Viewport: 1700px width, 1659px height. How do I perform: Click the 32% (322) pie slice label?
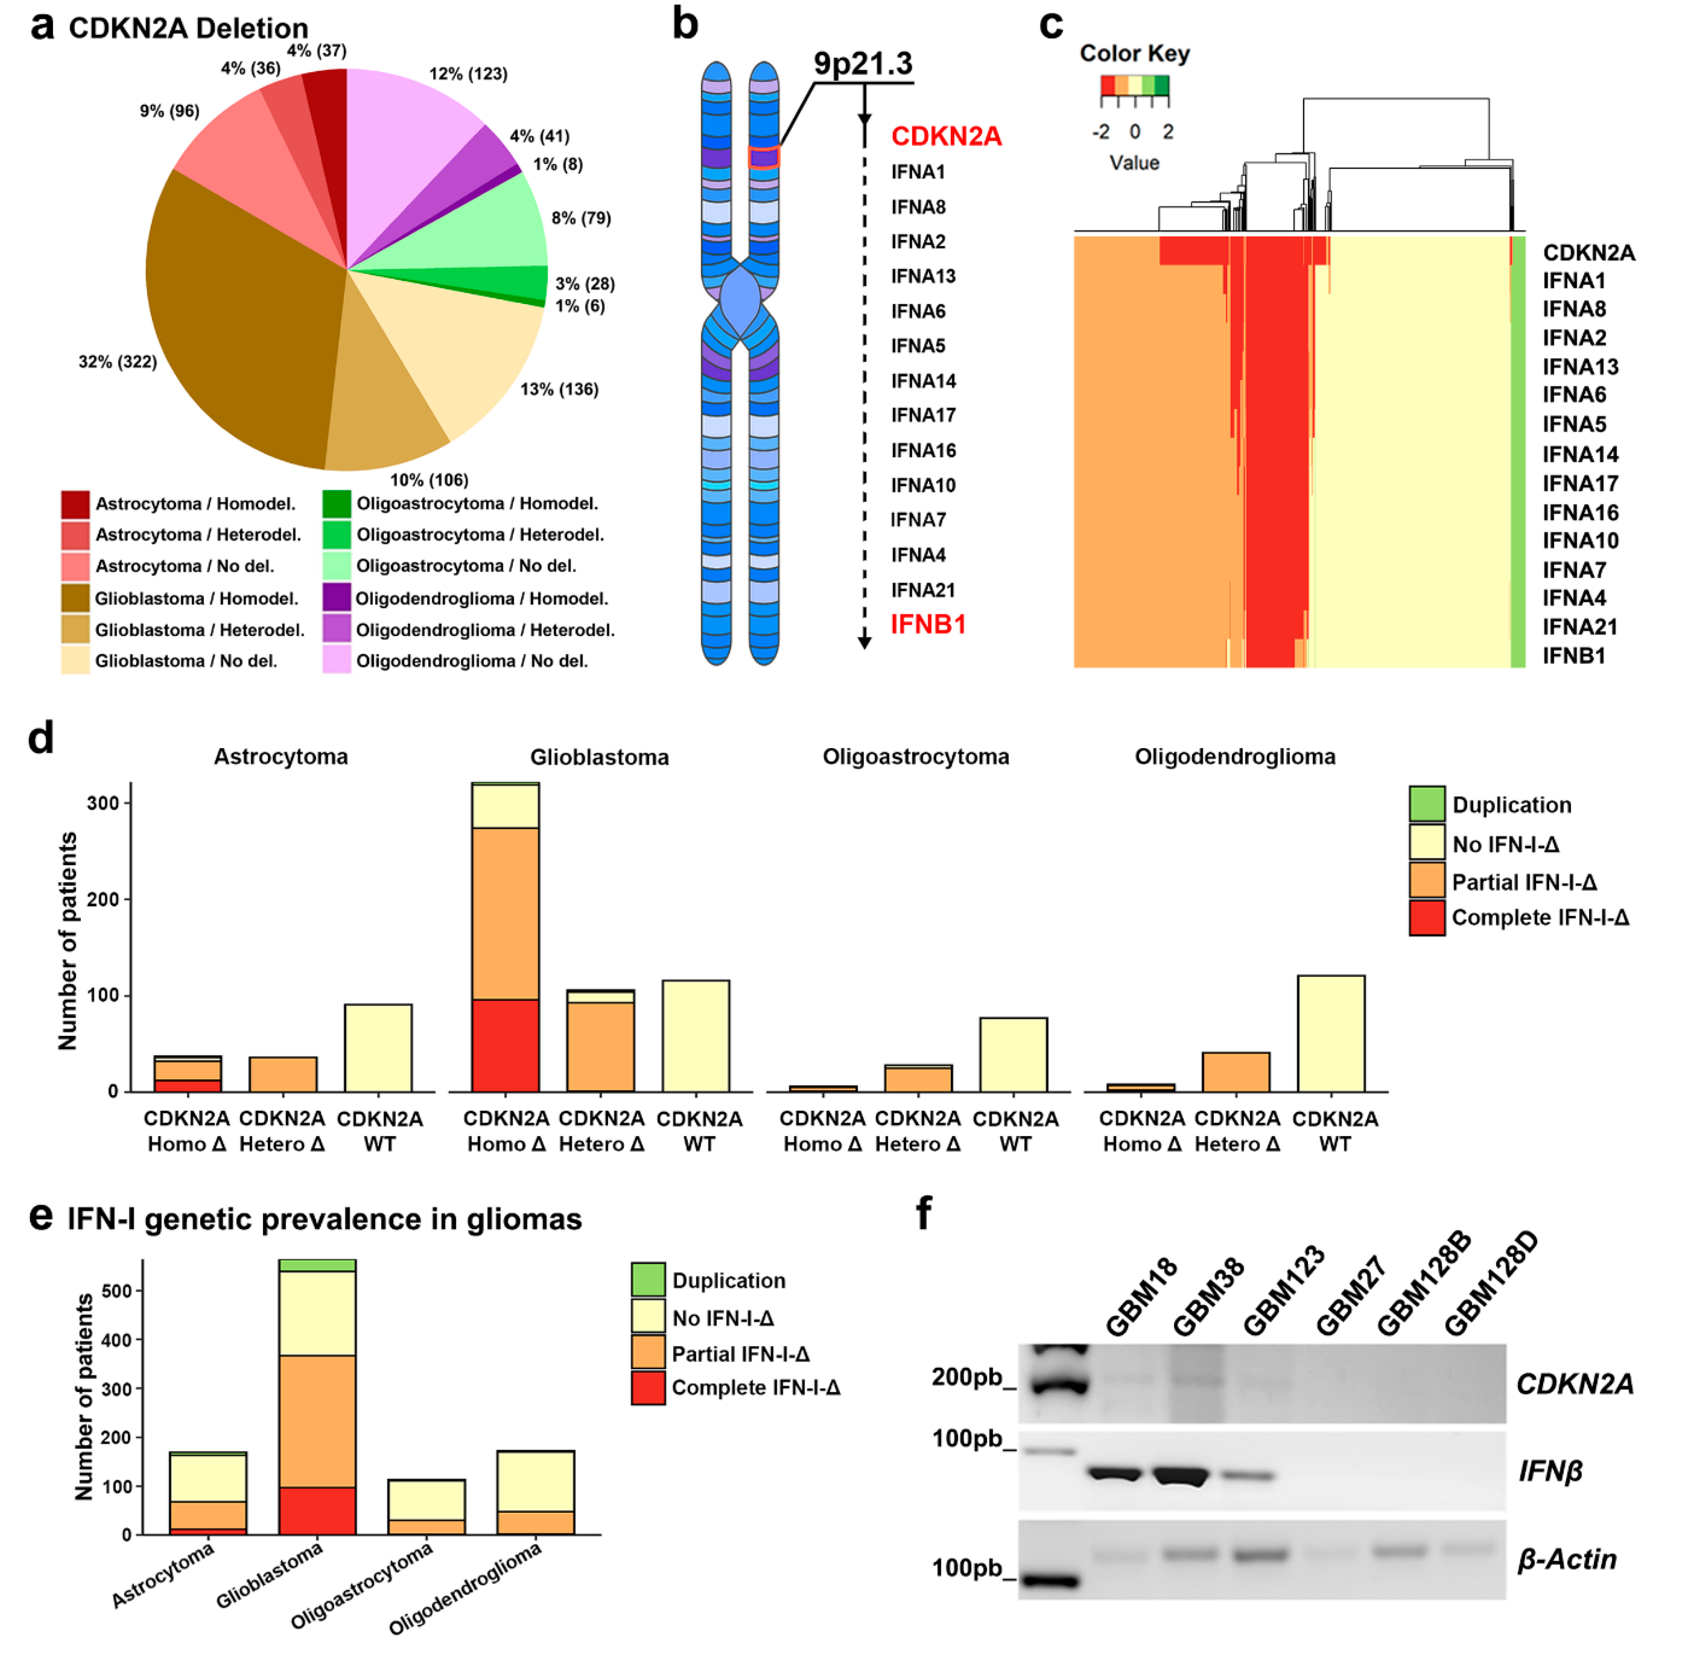coord(118,361)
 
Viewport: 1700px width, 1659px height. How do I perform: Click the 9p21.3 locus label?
coord(863,64)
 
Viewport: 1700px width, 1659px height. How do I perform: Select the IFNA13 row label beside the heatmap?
coord(1580,367)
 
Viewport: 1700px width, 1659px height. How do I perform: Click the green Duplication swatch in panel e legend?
coord(648,1279)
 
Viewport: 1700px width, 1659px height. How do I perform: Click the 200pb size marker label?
coord(967,1377)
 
